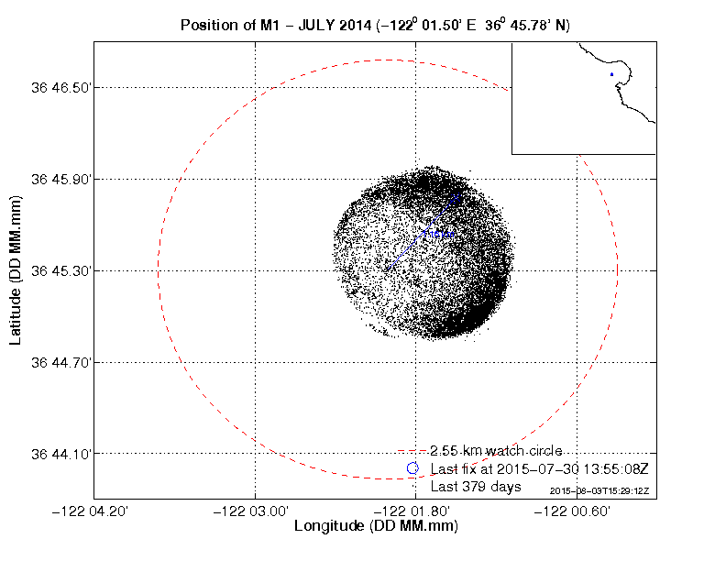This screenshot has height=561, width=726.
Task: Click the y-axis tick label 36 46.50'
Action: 61,87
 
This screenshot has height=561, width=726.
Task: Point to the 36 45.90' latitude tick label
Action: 61,179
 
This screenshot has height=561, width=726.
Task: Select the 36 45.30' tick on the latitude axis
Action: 61,270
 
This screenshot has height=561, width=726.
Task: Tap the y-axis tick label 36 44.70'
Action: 61,362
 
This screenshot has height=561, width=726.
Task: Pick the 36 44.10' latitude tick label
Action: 61,454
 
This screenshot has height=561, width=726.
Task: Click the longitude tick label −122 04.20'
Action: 94,510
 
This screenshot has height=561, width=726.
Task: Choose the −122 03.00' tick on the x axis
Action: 255,510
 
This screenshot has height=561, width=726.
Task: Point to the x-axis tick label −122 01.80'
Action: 416,510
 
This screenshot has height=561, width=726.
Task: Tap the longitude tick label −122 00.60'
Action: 577,510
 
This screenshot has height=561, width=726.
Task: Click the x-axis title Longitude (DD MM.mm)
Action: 376,526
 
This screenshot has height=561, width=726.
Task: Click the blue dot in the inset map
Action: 611,74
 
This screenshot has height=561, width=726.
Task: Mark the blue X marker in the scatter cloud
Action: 455,198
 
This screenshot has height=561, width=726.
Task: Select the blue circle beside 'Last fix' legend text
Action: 412,468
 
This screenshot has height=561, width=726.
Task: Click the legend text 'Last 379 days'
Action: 476,486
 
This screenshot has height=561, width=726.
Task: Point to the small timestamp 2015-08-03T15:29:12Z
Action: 599,491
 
